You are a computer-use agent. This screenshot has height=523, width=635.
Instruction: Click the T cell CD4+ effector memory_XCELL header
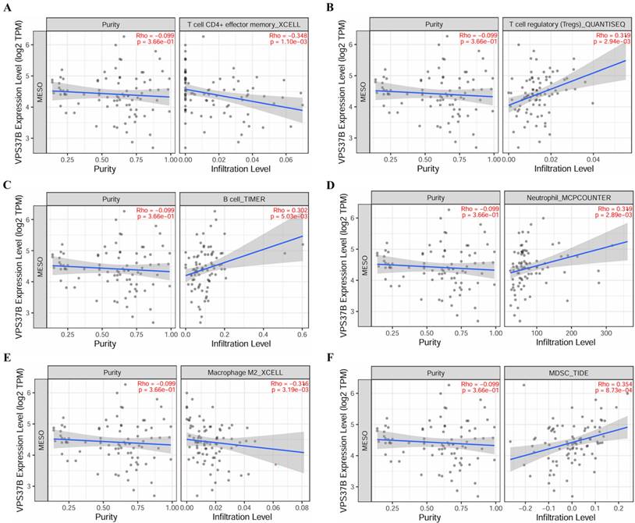[243, 24]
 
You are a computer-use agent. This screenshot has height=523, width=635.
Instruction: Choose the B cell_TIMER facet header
[243, 199]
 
